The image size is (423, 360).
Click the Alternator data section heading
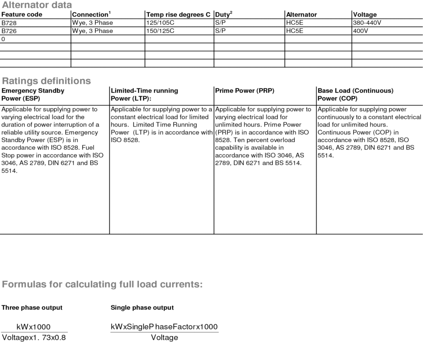(36, 5)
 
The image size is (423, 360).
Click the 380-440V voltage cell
(367, 22)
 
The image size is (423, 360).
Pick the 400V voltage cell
(361, 31)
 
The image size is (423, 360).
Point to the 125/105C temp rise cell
(160, 22)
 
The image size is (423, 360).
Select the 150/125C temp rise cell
(160, 31)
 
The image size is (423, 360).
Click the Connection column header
(91, 14)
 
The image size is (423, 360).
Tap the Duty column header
(223, 14)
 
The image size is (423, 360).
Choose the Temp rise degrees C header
(178, 14)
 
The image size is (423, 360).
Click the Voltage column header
(365, 14)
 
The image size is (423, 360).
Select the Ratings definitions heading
(46, 81)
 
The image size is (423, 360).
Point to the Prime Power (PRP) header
(245, 90)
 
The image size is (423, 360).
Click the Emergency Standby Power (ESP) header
(33, 94)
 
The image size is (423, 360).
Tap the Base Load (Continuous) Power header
(355, 94)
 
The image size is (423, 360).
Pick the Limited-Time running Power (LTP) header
(144, 94)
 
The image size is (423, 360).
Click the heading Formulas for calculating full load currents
(102, 284)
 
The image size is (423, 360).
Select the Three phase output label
(32, 308)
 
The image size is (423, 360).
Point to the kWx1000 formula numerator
(33, 327)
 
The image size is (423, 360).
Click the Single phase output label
(142, 308)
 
